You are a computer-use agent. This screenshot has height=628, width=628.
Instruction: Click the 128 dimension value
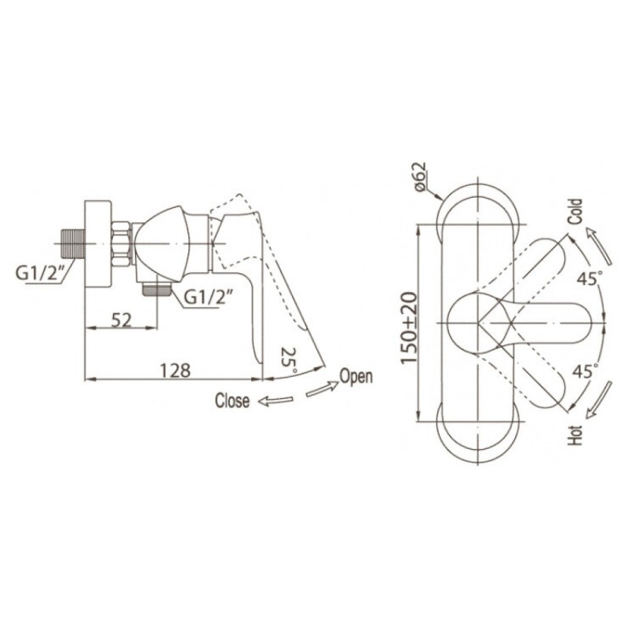point(175,371)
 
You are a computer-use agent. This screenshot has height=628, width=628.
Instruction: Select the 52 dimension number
point(122,320)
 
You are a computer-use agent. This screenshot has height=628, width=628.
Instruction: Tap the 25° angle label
point(290,360)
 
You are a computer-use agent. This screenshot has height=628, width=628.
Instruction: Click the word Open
point(356,377)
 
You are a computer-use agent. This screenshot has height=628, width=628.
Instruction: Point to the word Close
point(232,400)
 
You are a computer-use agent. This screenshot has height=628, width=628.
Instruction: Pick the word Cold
point(575,212)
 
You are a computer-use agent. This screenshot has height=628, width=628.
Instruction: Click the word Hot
point(575,436)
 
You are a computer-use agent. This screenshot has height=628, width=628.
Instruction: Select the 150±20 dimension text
point(409,327)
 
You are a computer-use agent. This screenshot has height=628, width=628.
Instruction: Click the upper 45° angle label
point(590,278)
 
